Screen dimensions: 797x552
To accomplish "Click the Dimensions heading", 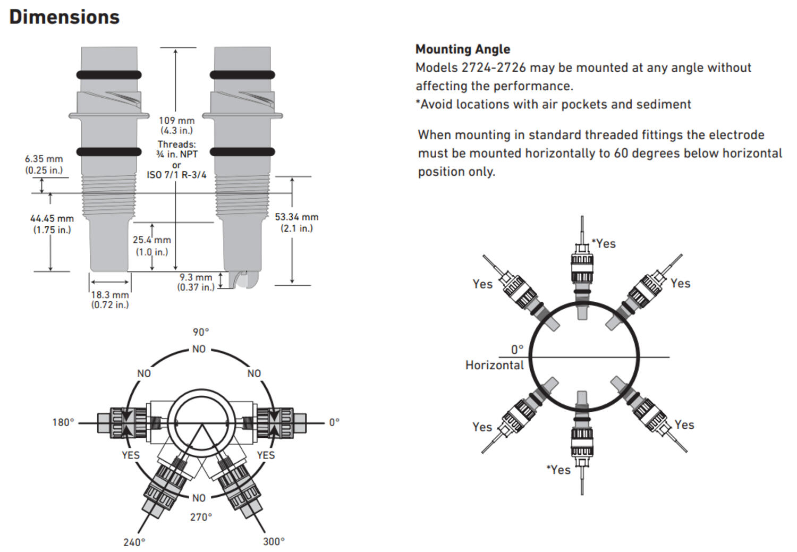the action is pyautogui.click(x=64, y=17).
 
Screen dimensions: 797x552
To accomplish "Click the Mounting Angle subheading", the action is pyautogui.click(x=463, y=49).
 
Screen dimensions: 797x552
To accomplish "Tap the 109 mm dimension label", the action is pyautogui.click(x=176, y=121).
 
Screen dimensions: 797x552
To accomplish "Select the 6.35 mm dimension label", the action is pyautogui.click(x=44, y=159).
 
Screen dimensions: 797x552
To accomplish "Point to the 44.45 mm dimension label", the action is pyautogui.click(x=52, y=218).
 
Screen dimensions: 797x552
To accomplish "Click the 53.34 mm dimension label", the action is pyautogui.click(x=296, y=217).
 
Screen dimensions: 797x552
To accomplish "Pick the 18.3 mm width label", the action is pyautogui.click(x=109, y=295).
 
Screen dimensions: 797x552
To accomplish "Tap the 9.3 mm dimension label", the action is pyautogui.click(x=196, y=277).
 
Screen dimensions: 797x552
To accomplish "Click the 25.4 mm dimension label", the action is pyautogui.click(x=152, y=240).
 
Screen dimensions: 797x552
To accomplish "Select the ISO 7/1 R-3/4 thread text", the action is pyautogui.click(x=176, y=175).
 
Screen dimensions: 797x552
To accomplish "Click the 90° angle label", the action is pyautogui.click(x=201, y=332).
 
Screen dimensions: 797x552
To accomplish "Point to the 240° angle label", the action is pyautogui.click(x=134, y=542).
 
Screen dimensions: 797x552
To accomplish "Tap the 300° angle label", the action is pyautogui.click(x=274, y=542).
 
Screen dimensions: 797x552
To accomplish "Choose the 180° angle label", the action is pyautogui.click(x=63, y=422).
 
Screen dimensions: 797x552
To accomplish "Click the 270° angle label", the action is pyautogui.click(x=201, y=517).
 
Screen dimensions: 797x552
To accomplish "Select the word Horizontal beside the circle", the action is pyautogui.click(x=495, y=366).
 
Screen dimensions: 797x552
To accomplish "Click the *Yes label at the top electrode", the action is pyautogui.click(x=604, y=244).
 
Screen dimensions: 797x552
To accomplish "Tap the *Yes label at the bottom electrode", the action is pyautogui.click(x=558, y=470).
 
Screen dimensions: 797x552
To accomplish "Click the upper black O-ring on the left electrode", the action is pyautogui.click(x=109, y=75).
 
